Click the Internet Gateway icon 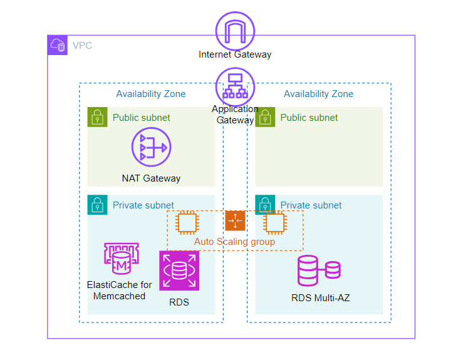[x=235, y=30]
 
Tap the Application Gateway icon [x=235, y=86]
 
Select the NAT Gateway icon [x=151, y=148]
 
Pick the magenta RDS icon [x=179, y=270]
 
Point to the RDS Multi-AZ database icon [x=319, y=270]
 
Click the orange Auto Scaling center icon [x=235, y=220]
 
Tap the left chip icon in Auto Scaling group [x=186, y=222]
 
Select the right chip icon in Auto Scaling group [x=274, y=222]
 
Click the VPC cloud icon [x=58, y=45]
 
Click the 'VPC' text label [x=81, y=46]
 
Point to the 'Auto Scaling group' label [x=234, y=242]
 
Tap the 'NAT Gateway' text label [x=151, y=178]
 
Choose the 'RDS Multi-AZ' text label [x=320, y=298]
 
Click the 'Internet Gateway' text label [x=235, y=54]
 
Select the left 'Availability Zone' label [x=150, y=94]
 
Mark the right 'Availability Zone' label [x=318, y=94]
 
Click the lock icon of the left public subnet [x=98, y=117]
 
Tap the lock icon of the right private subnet [x=266, y=205]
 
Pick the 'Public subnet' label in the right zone [x=309, y=118]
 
